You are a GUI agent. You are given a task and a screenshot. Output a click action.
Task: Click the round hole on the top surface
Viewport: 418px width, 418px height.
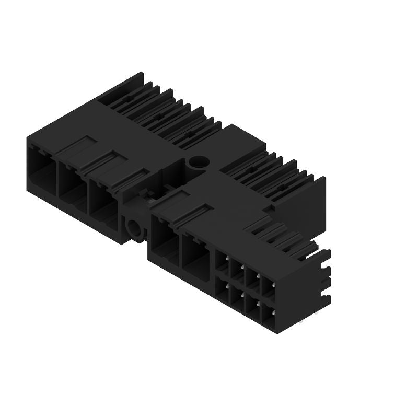click(x=198, y=163)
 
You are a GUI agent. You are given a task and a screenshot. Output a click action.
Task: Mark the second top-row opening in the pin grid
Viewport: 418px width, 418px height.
click(x=238, y=271)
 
